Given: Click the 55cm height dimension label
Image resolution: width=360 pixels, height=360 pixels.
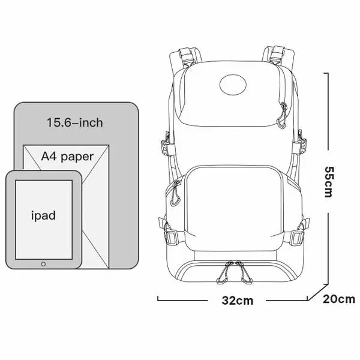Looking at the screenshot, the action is [328, 182].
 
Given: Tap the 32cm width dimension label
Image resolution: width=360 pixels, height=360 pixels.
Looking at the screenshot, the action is [238, 301].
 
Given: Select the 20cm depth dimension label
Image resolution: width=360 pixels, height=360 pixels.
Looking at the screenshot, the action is [338, 299].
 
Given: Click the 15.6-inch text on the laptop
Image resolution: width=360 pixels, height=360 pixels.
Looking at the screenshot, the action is [75, 122].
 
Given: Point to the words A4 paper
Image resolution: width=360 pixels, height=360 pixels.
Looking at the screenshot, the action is [67, 157].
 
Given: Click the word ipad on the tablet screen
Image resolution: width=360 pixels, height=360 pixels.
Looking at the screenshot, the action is [43, 215].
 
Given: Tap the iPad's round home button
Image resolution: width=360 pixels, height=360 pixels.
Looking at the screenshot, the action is [43, 264].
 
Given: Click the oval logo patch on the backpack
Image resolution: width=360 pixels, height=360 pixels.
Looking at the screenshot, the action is [233, 85].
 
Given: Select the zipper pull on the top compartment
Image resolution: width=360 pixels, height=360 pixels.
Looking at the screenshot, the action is [282, 116].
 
